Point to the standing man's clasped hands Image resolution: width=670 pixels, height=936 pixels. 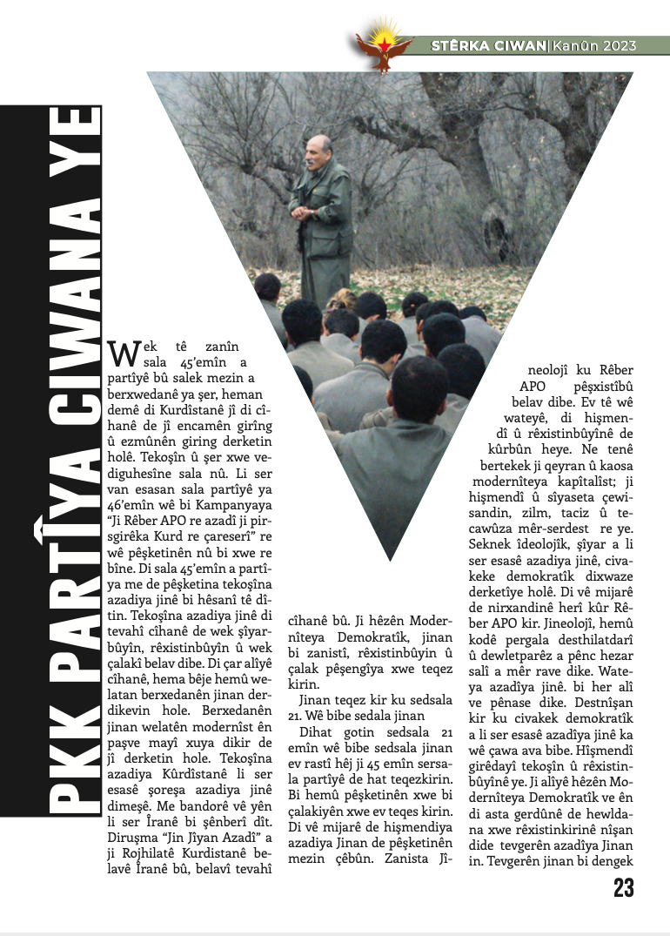coord(302,212)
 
